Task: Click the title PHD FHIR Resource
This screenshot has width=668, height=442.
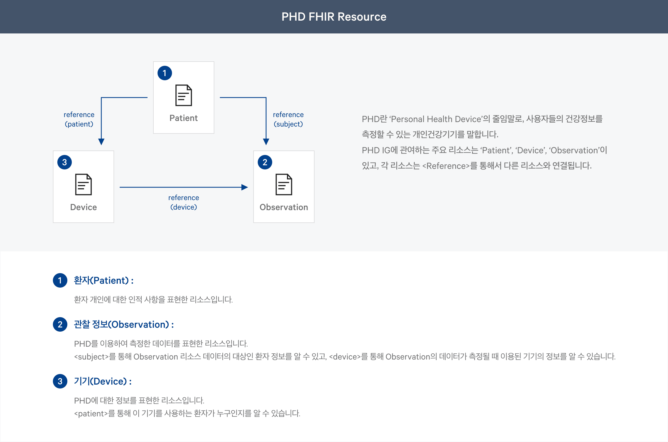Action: (334, 17)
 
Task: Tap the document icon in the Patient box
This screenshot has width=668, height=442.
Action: (183, 95)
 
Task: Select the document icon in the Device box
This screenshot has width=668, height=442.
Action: (83, 184)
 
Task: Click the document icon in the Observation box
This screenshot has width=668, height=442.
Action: (284, 184)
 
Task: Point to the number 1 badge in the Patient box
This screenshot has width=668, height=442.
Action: (165, 73)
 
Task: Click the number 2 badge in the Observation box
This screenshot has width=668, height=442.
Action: (265, 162)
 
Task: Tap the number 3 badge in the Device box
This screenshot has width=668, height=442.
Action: (65, 162)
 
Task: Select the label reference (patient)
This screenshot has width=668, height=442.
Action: (79, 119)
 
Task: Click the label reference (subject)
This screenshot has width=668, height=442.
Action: (288, 119)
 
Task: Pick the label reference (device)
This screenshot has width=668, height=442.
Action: (183, 202)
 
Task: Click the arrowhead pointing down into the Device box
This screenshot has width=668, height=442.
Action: (101, 142)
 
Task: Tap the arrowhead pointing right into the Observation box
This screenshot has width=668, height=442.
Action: (245, 187)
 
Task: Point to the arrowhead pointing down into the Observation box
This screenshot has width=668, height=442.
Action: (266, 142)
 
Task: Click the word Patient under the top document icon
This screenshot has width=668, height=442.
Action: (183, 118)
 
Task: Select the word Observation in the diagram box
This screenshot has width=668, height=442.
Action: (284, 207)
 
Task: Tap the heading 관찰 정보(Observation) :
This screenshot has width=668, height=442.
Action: (124, 324)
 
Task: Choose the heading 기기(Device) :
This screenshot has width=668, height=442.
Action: (103, 382)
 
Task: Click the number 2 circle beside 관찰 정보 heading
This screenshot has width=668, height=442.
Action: (60, 324)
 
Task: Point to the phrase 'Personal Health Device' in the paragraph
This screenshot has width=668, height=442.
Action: (436, 119)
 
